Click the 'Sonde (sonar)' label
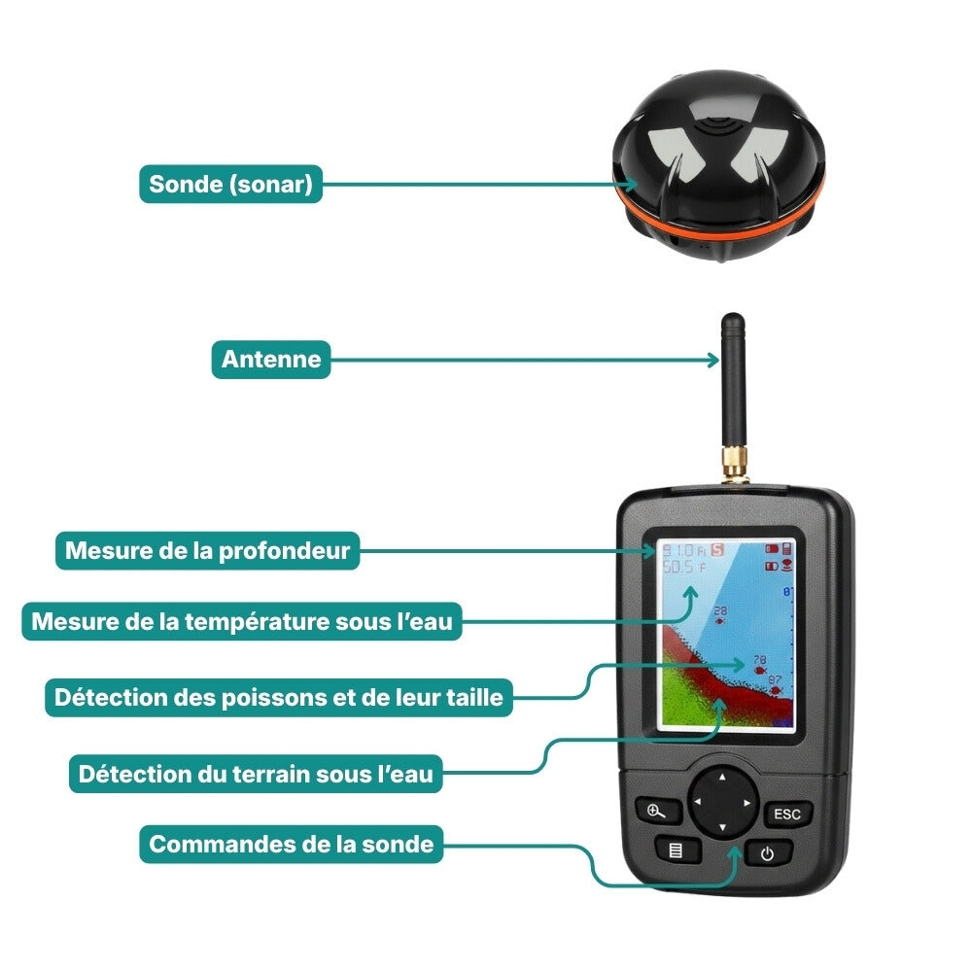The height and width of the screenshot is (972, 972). click(230, 184)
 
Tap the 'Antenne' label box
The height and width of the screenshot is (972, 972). click(271, 360)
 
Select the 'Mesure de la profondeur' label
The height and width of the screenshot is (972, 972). click(207, 551)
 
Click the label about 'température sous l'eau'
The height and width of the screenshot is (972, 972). click(242, 621)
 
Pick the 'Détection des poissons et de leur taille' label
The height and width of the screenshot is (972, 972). click(278, 697)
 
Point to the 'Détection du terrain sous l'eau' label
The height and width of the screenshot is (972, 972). click(256, 775)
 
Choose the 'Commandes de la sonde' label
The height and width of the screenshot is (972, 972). click(291, 844)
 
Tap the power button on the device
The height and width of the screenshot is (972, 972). click(768, 855)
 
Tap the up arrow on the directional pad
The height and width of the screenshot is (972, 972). click(721, 778)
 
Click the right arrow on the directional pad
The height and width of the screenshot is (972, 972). click(746, 803)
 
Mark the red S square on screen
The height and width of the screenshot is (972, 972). click(718, 549)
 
